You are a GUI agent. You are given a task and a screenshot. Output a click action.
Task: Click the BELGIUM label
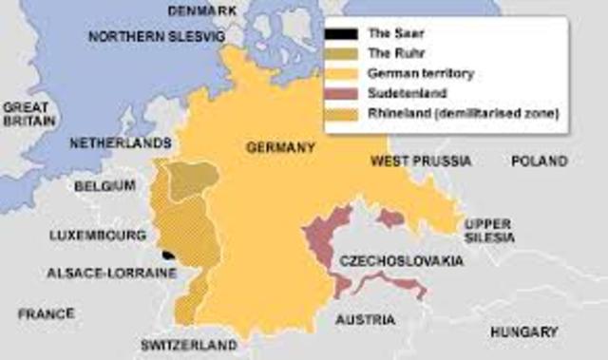(105, 185)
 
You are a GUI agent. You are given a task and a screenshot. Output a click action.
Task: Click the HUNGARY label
(523, 332)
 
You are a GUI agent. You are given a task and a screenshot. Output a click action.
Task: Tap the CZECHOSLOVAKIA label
(405, 260)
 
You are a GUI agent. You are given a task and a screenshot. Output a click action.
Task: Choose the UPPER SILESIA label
(489, 229)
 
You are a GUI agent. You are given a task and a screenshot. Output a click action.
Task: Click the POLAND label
(539, 161)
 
